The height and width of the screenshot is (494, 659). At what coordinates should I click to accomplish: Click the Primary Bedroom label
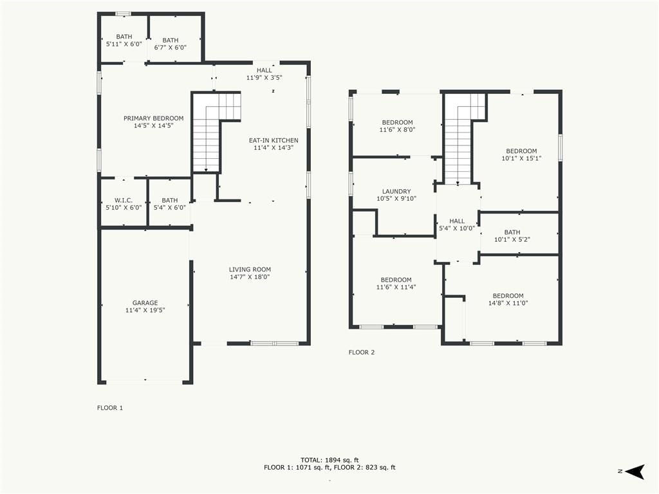tap(153, 118)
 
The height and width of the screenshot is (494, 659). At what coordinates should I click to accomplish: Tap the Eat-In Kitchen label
tap(274, 140)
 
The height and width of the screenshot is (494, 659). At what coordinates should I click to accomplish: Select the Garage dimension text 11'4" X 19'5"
tap(145, 311)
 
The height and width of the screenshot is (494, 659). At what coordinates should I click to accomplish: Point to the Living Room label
tap(250, 270)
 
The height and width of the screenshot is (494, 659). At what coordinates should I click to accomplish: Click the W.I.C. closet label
tap(124, 201)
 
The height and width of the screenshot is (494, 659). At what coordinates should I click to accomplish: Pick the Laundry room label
tap(396, 192)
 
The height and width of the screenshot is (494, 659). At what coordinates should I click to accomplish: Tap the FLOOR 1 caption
tap(110, 408)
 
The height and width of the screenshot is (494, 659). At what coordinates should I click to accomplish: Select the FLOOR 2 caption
tap(362, 352)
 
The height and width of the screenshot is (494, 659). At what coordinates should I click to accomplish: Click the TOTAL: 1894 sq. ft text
tap(329, 460)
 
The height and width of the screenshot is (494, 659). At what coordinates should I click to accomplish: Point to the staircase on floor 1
tap(216, 132)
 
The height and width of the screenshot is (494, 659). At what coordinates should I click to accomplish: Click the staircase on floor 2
tap(465, 139)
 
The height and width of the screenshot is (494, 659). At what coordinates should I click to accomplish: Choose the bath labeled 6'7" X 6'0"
tap(170, 44)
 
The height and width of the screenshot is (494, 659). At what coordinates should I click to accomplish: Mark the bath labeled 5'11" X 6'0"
tap(124, 41)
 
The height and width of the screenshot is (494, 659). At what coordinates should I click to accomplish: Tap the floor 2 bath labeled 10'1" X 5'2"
tap(512, 235)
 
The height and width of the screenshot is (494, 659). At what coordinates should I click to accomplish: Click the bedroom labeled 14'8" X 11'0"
tap(508, 299)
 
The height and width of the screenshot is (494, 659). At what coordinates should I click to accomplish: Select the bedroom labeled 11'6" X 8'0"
tap(397, 126)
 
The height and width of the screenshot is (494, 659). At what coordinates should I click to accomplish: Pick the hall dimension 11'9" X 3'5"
tap(264, 78)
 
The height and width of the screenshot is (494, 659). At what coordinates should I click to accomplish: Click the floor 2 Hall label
tap(457, 221)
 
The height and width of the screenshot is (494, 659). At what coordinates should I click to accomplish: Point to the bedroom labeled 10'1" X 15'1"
tap(521, 154)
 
